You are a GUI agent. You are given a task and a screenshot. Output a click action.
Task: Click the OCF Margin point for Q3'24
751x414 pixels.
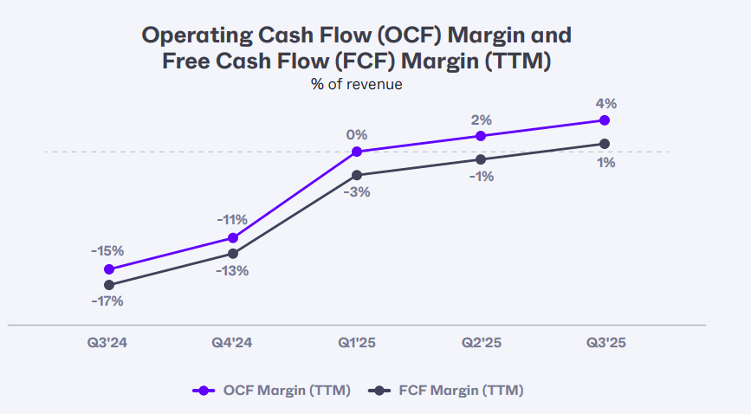109,269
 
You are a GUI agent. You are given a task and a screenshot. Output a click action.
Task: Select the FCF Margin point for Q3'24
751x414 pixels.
109,285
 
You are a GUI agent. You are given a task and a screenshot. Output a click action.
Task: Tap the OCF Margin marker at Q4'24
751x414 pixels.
233,238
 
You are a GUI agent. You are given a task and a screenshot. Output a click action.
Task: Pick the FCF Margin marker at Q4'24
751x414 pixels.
233,254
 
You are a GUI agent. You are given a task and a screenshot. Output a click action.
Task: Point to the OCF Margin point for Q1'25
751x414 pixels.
357,152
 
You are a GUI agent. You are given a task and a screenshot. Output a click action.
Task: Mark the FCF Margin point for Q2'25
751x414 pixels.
481,159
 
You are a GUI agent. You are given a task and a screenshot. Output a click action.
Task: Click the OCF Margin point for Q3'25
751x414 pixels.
605,120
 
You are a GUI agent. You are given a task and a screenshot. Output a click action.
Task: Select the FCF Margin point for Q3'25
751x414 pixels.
605,144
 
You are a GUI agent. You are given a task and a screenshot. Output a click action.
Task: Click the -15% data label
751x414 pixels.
107,250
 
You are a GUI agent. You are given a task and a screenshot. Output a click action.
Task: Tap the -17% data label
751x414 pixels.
107,301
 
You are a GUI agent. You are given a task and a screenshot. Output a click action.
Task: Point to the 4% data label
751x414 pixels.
606,103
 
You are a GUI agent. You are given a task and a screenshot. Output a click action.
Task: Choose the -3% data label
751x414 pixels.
356,192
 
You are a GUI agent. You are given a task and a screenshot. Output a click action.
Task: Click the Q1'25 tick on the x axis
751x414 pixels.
357,343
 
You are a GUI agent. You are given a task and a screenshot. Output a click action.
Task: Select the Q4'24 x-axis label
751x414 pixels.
233,343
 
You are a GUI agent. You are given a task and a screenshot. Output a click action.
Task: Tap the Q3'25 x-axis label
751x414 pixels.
605,343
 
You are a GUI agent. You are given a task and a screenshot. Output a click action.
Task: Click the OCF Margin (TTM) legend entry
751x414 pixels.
272,391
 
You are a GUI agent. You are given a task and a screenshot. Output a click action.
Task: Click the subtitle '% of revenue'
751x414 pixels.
357,84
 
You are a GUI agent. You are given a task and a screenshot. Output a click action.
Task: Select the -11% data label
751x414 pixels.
232,219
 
